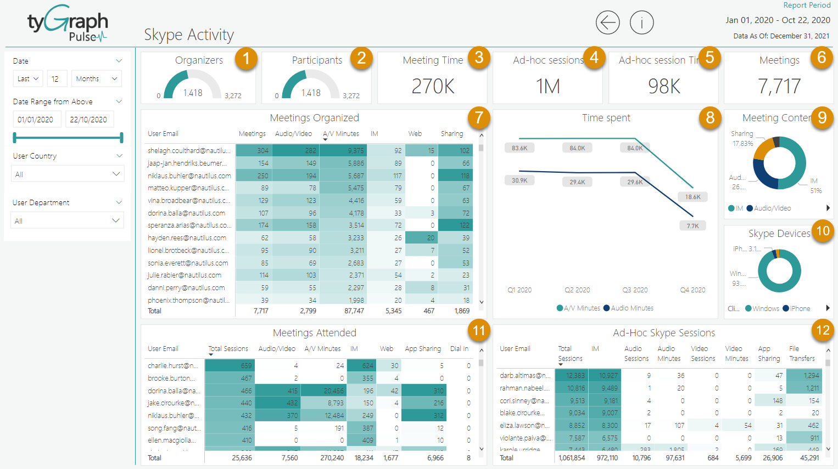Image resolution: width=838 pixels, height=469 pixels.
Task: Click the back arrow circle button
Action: (x=607, y=22)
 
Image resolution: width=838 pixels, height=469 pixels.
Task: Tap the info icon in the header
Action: (x=641, y=22)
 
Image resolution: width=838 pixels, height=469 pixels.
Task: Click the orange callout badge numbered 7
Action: (x=479, y=117)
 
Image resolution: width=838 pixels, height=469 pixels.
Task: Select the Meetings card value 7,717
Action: (x=779, y=86)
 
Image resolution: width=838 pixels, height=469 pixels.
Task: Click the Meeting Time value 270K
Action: (x=433, y=86)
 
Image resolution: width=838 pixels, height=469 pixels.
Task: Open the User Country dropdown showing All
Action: (x=68, y=174)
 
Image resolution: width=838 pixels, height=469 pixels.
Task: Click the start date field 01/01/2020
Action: (x=36, y=120)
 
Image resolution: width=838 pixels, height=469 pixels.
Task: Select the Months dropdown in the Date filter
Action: (x=96, y=78)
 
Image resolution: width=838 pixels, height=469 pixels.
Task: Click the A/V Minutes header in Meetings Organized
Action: (x=340, y=134)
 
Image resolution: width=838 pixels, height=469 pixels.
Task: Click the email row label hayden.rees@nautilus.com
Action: (x=187, y=238)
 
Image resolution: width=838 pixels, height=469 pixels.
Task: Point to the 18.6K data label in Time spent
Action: (x=692, y=197)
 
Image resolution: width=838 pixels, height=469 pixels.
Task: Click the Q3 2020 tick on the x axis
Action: (x=635, y=290)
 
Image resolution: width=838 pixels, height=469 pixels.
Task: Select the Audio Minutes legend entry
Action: (x=632, y=308)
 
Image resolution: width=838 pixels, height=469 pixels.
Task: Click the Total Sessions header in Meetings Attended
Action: (x=228, y=349)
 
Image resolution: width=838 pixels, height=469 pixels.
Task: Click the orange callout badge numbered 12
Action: (x=823, y=330)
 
